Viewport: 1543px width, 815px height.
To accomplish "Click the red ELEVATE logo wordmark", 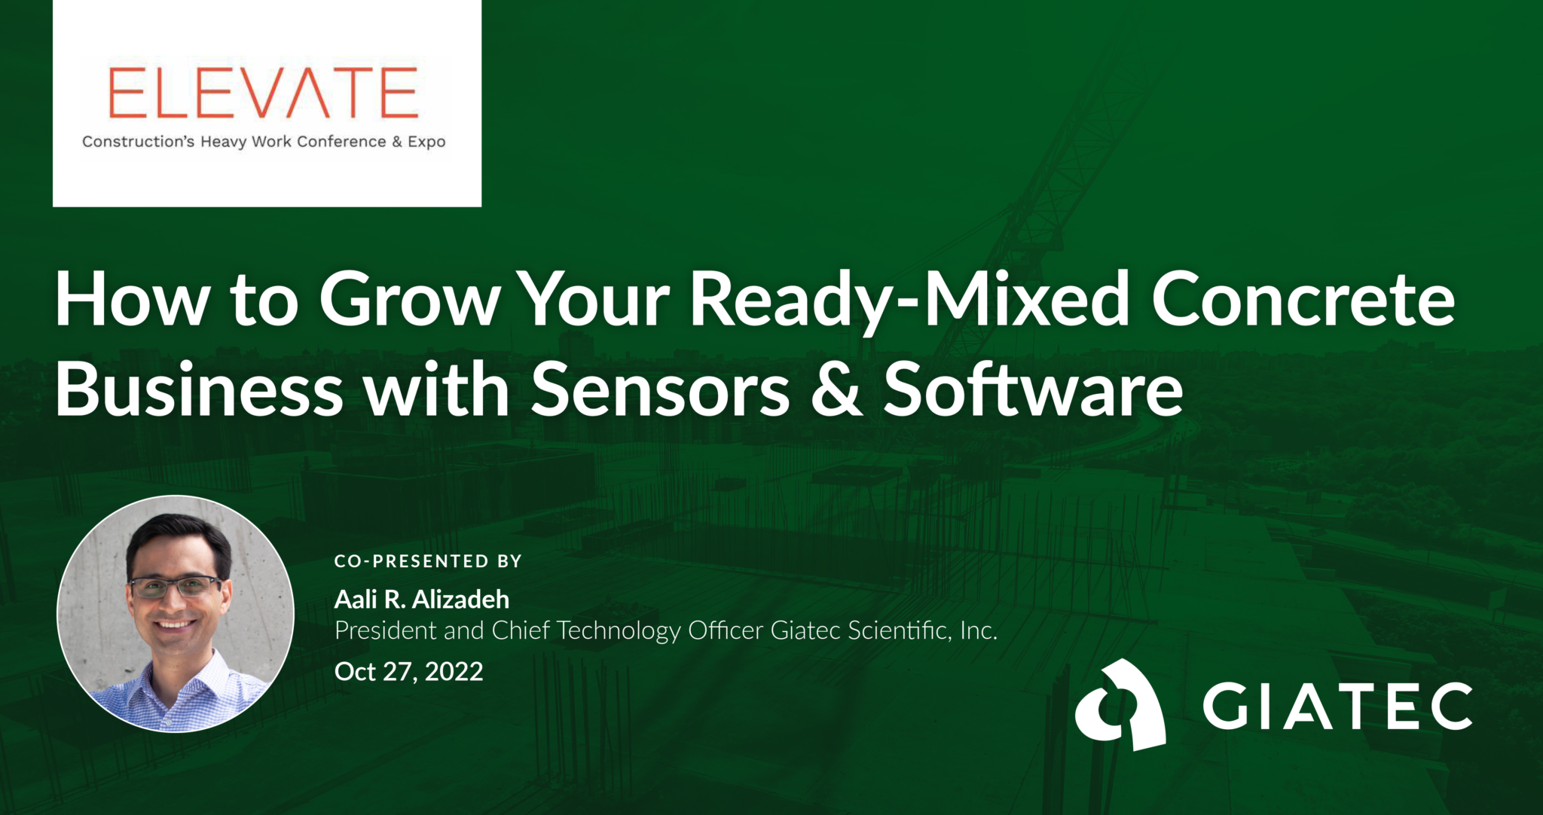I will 263,93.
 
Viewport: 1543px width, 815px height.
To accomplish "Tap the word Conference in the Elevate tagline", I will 341,142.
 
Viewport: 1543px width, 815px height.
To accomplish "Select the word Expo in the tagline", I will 426,142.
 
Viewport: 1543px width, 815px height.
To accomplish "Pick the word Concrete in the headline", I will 1303,300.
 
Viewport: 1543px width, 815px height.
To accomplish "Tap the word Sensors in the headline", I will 661,390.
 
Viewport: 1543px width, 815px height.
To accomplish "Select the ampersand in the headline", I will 836,390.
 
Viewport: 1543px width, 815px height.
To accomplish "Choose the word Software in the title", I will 1033,390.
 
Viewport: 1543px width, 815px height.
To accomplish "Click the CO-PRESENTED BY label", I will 428,561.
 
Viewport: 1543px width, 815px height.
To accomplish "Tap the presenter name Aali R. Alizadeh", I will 422,600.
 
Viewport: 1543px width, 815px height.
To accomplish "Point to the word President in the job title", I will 385,630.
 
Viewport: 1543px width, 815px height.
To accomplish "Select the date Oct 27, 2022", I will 408,671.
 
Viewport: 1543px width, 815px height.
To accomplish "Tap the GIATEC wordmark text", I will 1337,706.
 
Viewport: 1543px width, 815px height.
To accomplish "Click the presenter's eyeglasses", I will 175,586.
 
